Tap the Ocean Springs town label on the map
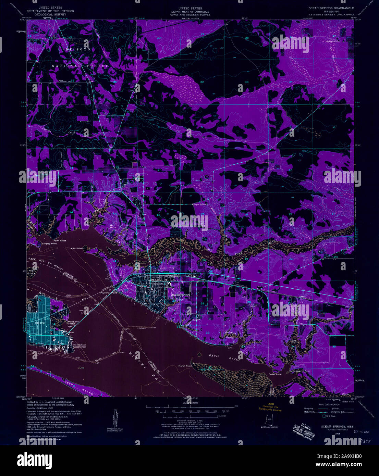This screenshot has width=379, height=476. [181, 295]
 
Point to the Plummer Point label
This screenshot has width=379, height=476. [108, 293]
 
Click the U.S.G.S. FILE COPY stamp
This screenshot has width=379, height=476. [301, 429]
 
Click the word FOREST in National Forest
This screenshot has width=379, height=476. [97, 66]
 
